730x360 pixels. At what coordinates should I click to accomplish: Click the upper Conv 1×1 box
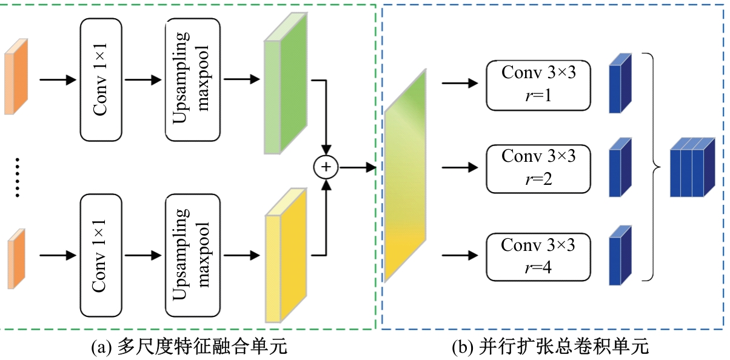(101, 79)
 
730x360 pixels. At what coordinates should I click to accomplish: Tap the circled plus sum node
(326, 166)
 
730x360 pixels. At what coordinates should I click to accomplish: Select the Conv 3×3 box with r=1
(538, 85)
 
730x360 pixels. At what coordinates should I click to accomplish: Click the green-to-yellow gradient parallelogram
(405, 176)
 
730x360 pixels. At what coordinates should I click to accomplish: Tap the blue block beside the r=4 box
(620, 255)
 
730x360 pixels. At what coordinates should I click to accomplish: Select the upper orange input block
(16, 77)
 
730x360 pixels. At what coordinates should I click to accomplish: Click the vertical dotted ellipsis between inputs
(18, 176)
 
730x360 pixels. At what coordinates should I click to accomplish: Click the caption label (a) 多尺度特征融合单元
(188, 347)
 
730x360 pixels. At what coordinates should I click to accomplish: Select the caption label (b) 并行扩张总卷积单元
(550, 347)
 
